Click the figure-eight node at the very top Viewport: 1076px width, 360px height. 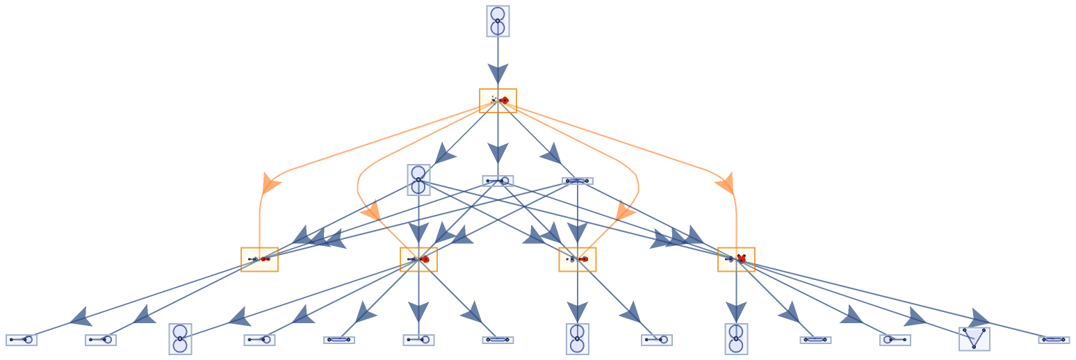click(x=498, y=21)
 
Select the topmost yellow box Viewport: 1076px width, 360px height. click(x=498, y=101)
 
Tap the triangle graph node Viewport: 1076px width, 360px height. click(x=974, y=338)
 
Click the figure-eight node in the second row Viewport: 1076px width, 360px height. click(x=418, y=179)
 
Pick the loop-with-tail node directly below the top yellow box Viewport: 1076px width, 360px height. click(x=498, y=181)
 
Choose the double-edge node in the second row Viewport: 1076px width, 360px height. click(x=577, y=181)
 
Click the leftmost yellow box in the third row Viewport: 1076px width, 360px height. click(x=259, y=259)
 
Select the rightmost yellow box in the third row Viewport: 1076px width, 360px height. click(x=736, y=259)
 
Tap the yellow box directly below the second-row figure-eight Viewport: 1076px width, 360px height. click(x=418, y=259)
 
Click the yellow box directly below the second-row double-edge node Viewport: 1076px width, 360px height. click(x=577, y=259)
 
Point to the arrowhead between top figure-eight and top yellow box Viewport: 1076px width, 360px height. click(x=498, y=73)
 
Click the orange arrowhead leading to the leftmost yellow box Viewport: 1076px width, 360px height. click(x=269, y=184)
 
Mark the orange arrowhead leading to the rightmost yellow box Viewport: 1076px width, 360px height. click(x=726, y=184)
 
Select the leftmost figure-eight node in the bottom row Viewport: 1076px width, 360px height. click(x=180, y=338)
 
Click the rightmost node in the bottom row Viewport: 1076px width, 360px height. click(x=1054, y=340)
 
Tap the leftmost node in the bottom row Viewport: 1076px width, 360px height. click(x=21, y=340)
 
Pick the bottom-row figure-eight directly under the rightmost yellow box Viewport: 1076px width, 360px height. click(x=736, y=338)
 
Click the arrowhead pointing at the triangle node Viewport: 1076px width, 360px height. click(x=978, y=319)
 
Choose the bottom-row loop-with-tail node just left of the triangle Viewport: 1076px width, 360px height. click(x=895, y=340)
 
